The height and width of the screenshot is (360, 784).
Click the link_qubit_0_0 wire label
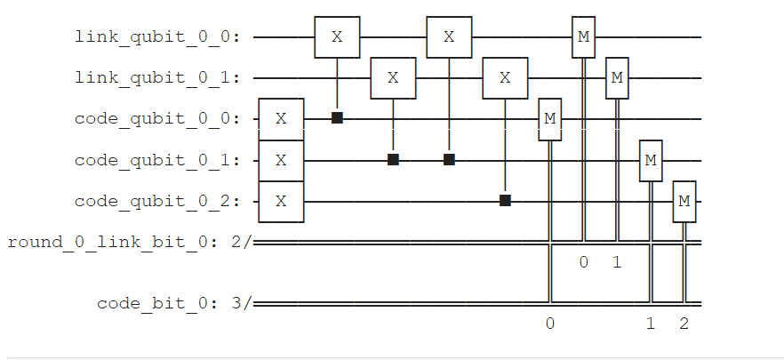(x=163, y=37)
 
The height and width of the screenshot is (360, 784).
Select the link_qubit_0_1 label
(x=163, y=78)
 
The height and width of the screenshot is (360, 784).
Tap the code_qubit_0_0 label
(x=163, y=119)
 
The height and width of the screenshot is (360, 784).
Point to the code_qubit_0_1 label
(x=163, y=160)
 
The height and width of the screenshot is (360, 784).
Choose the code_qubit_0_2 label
(x=163, y=201)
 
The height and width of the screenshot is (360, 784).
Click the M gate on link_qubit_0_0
(x=584, y=36)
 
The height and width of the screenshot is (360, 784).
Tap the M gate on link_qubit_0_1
(x=618, y=78)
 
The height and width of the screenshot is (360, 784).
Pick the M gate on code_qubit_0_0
(x=550, y=119)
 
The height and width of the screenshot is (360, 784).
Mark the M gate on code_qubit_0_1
(x=651, y=160)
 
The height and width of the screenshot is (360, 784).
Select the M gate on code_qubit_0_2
(x=684, y=201)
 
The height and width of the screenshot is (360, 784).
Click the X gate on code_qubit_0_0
(x=281, y=119)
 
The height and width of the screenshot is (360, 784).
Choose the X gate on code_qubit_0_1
(x=281, y=160)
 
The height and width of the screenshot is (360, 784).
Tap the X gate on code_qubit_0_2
(x=281, y=201)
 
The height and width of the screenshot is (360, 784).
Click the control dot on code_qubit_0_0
(x=337, y=118)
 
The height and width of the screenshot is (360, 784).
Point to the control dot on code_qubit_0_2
(x=505, y=201)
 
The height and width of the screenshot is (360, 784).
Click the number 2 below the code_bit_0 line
(x=684, y=324)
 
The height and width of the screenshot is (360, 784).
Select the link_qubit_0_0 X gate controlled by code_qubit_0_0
(x=337, y=37)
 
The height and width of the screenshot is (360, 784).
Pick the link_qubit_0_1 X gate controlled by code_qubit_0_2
(x=505, y=78)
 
